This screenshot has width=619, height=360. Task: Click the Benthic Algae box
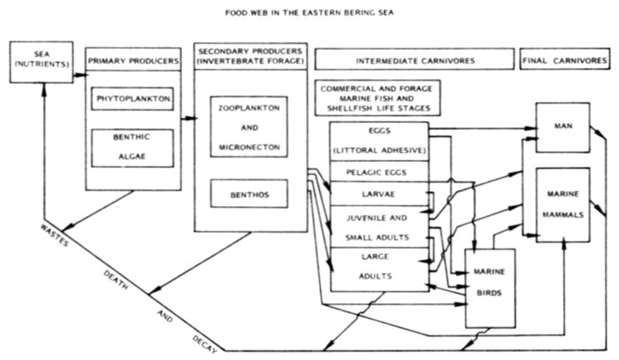pos(131,148)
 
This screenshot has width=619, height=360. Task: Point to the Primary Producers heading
pos(131,60)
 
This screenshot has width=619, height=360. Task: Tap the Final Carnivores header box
pos(562,60)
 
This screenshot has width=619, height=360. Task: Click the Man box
pos(562,128)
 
